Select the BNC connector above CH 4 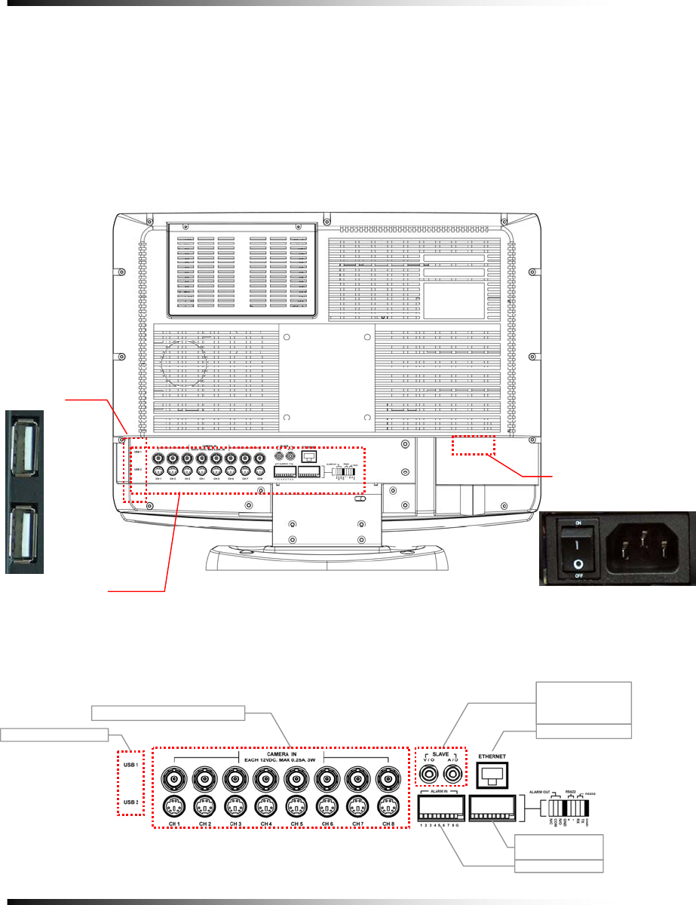click(265, 776)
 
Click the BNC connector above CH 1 click(173, 776)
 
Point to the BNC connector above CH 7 click(357, 776)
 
